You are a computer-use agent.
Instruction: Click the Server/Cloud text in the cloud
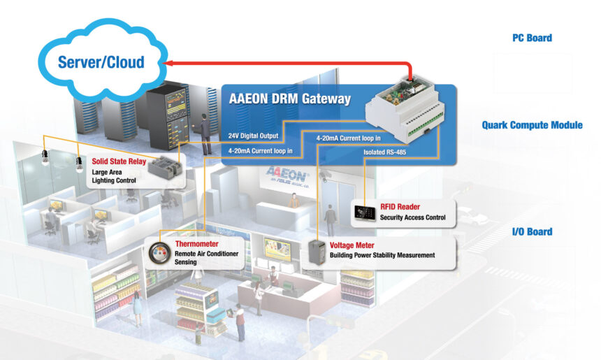101,62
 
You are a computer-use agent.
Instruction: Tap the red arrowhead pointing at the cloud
167,63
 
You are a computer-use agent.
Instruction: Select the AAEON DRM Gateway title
290,99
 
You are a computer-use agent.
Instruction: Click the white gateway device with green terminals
405,110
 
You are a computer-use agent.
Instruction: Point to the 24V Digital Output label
254,136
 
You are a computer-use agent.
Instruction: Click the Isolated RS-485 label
385,152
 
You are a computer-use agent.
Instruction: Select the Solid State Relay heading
119,161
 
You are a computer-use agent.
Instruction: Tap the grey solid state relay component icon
165,168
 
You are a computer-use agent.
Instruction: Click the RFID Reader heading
400,207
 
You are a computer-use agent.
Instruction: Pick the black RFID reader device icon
365,213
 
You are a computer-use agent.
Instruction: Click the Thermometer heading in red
196,244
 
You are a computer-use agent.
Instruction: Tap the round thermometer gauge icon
159,254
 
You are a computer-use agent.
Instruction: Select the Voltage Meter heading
352,245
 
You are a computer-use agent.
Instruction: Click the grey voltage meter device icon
317,252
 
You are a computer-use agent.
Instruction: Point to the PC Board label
532,38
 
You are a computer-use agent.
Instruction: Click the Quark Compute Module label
532,125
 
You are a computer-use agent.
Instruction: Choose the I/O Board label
532,231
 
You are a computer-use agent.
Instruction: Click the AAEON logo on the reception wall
287,177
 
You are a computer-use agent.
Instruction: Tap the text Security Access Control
412,217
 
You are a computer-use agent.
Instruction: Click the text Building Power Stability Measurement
382,255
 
